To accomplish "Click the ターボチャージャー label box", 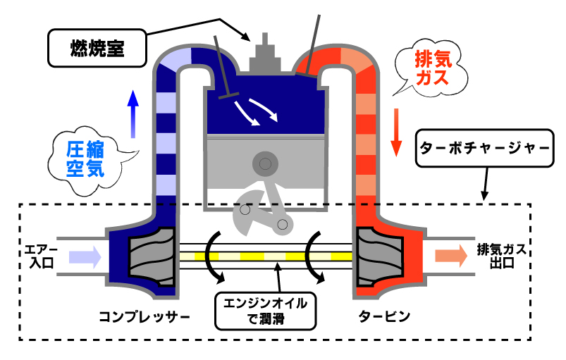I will tap(484, 149).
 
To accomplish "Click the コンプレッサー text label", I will tap(144, 316).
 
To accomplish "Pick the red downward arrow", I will tap(397, 131).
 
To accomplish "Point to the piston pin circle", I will tap(265, 164).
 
